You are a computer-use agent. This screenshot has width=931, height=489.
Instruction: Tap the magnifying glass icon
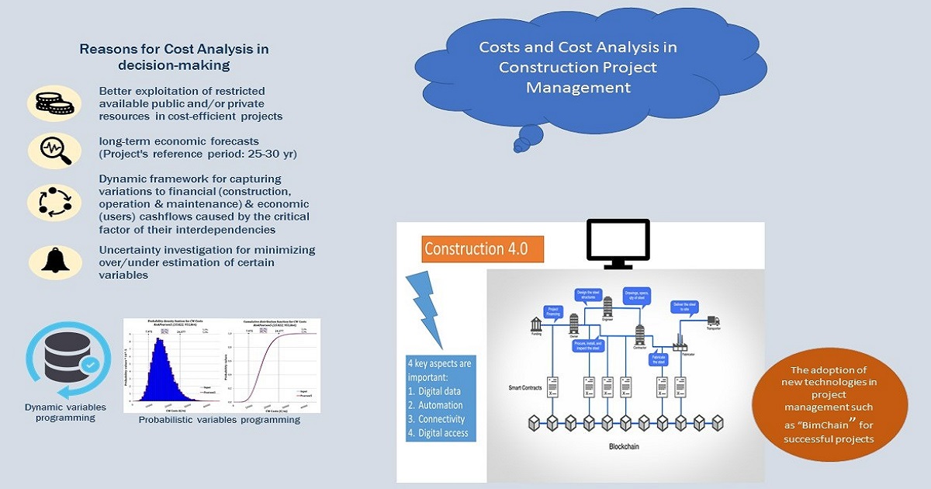pos(54,151)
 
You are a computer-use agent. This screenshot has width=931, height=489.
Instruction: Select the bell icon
pos(54,261)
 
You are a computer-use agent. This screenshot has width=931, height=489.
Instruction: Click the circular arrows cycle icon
pos(54,201)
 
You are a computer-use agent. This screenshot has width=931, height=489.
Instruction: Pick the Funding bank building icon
pos(536,324)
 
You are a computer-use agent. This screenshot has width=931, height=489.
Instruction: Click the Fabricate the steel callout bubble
pos(659,359)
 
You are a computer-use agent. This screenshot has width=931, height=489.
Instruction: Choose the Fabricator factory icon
pos(680,344)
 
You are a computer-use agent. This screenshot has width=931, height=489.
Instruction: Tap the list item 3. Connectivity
pos(440,419)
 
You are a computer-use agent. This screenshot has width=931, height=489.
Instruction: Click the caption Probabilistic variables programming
pos(219,420)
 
